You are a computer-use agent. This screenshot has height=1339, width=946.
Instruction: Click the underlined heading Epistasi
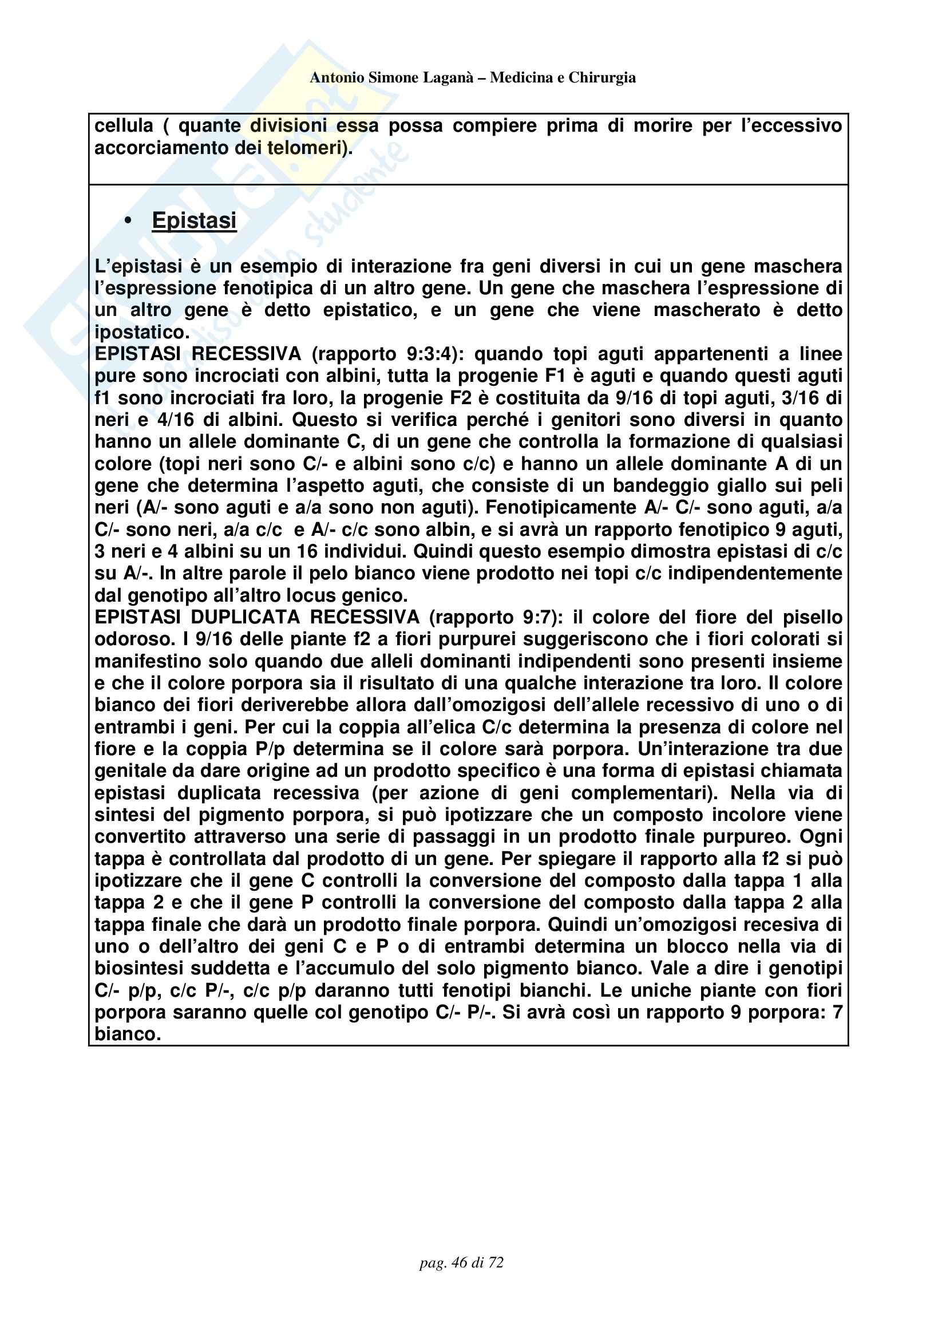coord(194,220)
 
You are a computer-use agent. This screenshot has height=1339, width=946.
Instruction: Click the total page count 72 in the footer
coord(496,1263)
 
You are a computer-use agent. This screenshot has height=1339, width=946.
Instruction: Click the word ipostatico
coord(141,333)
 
